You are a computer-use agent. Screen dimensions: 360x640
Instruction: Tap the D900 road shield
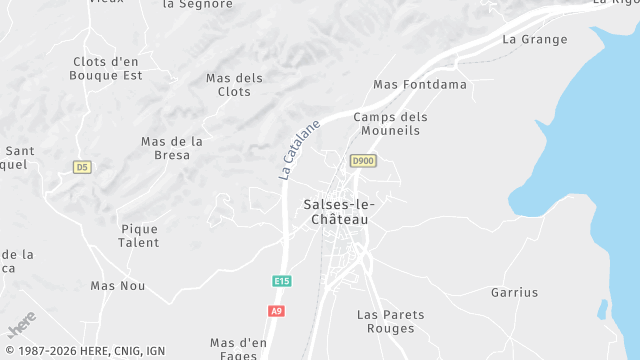[363, 161]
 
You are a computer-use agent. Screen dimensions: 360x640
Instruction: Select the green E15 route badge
[281, 282]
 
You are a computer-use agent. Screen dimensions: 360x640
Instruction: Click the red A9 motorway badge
[276, 311]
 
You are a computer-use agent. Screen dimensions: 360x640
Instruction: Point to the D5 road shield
[82, 167]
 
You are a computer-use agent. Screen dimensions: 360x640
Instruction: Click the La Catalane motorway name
[299, 150]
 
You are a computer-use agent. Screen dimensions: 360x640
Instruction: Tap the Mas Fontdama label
[420, 85]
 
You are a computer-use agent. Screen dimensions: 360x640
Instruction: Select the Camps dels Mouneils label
[390, 124]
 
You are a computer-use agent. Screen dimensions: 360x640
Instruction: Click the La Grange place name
[534, 40]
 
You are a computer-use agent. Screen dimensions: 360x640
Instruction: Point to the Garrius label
[514, 293]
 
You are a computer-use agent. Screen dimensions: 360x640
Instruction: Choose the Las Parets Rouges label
[390, 322]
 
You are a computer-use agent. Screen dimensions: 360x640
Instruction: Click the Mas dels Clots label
[234, 85]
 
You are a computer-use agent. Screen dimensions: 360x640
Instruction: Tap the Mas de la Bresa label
[172, 148]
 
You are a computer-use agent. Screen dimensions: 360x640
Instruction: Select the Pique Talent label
[138, 236]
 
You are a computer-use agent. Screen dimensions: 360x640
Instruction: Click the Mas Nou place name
[118, 286]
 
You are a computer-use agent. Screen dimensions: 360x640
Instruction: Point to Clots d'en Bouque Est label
[106, 68]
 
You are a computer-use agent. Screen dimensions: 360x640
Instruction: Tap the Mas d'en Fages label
[239, 349]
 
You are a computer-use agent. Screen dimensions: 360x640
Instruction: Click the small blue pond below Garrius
[602, 310]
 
